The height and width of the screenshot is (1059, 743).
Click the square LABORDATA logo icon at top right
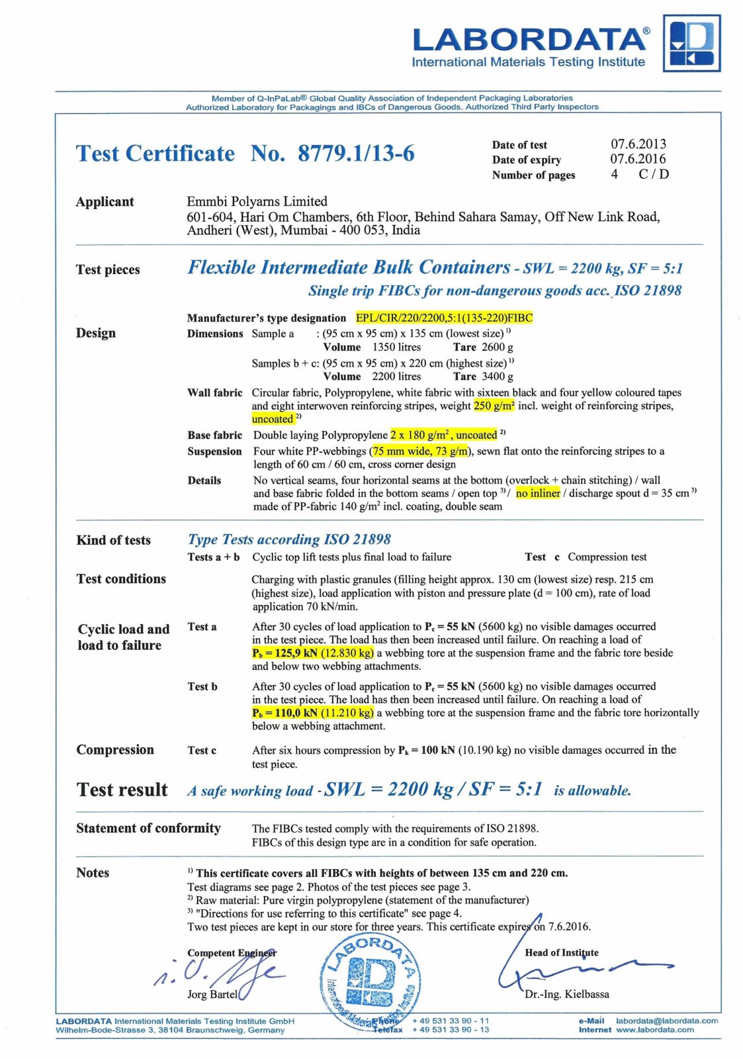691,44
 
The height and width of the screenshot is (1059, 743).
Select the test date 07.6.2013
638,144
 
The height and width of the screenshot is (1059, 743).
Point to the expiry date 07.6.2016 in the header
638,159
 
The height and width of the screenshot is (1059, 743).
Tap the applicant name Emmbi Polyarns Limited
257,201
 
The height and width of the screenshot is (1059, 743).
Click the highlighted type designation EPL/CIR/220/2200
444,318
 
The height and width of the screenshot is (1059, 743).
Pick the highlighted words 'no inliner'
538,493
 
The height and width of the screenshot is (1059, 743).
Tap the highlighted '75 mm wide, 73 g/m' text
421,451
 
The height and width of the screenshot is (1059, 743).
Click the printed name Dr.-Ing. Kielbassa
567,994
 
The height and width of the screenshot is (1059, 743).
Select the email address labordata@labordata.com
667,1021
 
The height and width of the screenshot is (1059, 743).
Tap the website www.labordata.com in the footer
655,1029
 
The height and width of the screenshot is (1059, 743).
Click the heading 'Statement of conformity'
148,828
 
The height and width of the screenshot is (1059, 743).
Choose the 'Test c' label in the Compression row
202,751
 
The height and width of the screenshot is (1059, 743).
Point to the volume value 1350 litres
396,347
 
